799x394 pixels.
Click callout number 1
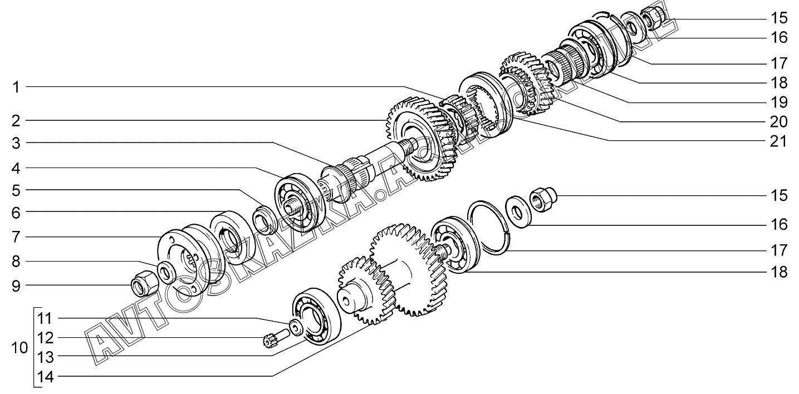[x=17, y=87]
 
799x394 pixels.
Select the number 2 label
[x=17, y=120]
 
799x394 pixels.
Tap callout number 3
[x=17, y=144]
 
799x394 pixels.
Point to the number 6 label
[x=17, y=212]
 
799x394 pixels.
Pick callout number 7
[x=17, y=238]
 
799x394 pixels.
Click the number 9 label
[x=17, y=286]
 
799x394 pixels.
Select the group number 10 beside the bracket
[x=19, y=349]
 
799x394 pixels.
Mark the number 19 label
[x=780, y=102]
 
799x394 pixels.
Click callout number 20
[x=780, y=122]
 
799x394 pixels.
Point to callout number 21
[x=780, y=141]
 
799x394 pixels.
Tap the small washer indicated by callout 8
[x=166, y=272]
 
